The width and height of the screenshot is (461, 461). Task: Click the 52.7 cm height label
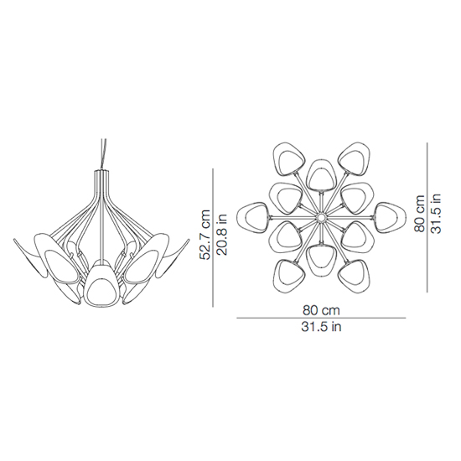205,235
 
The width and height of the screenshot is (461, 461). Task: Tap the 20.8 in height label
221,235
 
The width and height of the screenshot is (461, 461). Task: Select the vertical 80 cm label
419,213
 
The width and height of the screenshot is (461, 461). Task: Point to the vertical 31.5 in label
436,213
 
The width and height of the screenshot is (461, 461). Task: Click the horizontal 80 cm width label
321,310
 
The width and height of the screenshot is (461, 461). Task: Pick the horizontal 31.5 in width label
321,327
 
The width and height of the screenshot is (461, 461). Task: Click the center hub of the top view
321,218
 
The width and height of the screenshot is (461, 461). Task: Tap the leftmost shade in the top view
252,217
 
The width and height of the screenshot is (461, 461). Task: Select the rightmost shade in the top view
390,217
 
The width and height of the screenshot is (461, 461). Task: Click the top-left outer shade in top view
287,159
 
